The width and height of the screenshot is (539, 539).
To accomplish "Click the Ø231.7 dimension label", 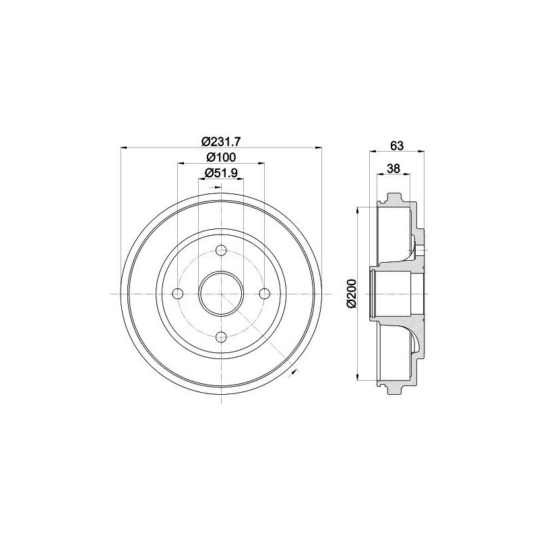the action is tap(222, 141).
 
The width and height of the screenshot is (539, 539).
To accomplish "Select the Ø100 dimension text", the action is tap(222, 158).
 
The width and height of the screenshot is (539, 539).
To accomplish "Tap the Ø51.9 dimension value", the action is tap(221, 173).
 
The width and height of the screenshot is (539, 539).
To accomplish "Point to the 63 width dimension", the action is tap(397, 146).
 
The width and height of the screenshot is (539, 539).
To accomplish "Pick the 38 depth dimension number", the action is tap(393, 169).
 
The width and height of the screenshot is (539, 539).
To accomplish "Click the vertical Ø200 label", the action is tap(352, 294).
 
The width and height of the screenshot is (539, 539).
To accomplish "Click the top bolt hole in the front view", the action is tap(221, 250).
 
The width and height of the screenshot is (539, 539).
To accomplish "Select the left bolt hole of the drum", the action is tap(177, 294).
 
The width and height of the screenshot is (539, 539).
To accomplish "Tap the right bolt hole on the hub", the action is tap(264, 294).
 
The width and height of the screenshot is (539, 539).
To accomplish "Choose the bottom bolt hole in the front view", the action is tap(221, 338).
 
